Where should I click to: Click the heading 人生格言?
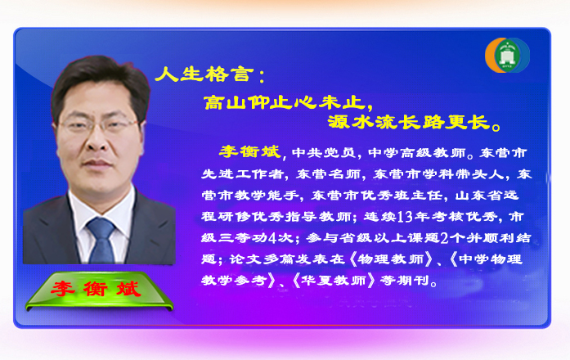(204, 74)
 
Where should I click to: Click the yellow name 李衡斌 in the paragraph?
(249, 151)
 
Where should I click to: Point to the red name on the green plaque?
(96, 289)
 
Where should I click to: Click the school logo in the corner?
(508, 56)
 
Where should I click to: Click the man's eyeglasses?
(98, 126)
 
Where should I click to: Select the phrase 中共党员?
(323, 153)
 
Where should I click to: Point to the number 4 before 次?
(272, 238)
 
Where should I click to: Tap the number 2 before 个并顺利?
(444, 238)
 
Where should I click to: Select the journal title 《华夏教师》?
(334, 281)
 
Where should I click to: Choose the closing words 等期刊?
(404, 281)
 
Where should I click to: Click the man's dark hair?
(101, 80)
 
